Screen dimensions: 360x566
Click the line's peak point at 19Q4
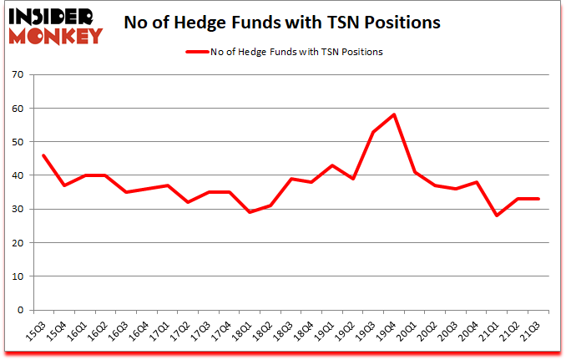coord(393,114)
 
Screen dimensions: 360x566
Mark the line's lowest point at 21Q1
coord(496,215)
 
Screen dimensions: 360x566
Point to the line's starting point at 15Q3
coord(43,155)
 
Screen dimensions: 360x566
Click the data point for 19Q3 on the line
coord(373,132)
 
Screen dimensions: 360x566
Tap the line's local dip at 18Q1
coord(250,212)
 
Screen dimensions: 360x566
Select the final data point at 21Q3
coord(537,199)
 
